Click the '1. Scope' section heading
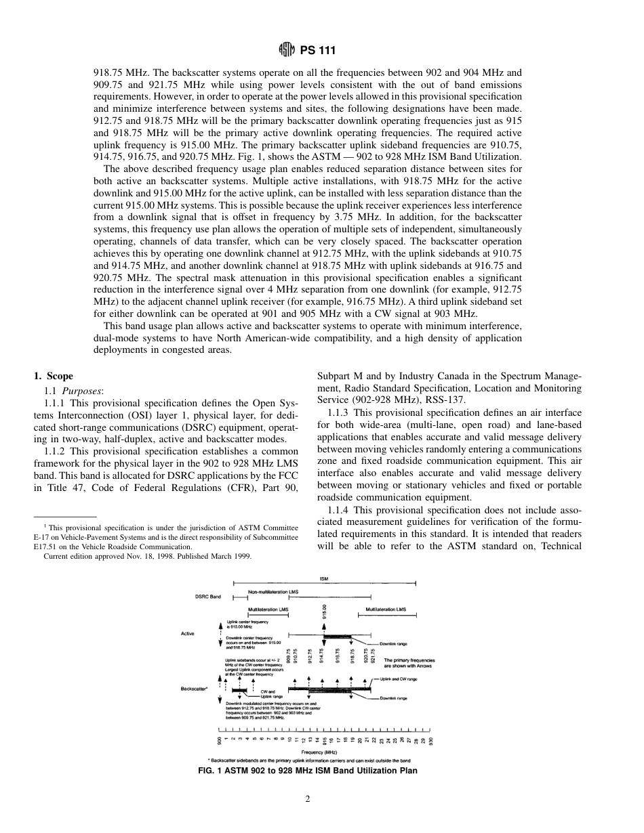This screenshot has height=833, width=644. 54,377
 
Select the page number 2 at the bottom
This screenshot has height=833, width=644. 308,799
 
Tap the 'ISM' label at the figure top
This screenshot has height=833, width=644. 323,579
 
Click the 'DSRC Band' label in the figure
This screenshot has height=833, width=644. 207,597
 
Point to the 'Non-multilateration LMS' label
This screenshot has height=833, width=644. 273,592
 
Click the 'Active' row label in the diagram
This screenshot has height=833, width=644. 188,634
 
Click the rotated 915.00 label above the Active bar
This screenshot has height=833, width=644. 325,612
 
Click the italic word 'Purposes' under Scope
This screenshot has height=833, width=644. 83,391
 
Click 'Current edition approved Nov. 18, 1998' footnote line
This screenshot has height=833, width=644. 147,555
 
